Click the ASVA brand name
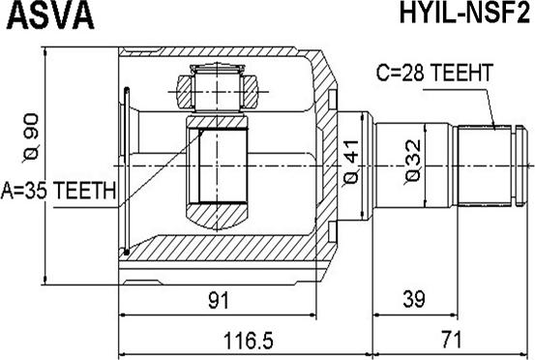click(x=50, y=15)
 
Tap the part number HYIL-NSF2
click(x=464, y=14)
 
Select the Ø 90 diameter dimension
click(x=31, y=137)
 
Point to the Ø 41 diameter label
click(x=351, y=162)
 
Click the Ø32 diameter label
click(x=413, y=162)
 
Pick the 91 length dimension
click(x=219, y=300)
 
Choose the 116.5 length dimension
click(x=248, y=340)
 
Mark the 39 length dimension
click(x=414, y=299)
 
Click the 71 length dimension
click(x=451, y=339)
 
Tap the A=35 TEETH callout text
click(x=59, y=191)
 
